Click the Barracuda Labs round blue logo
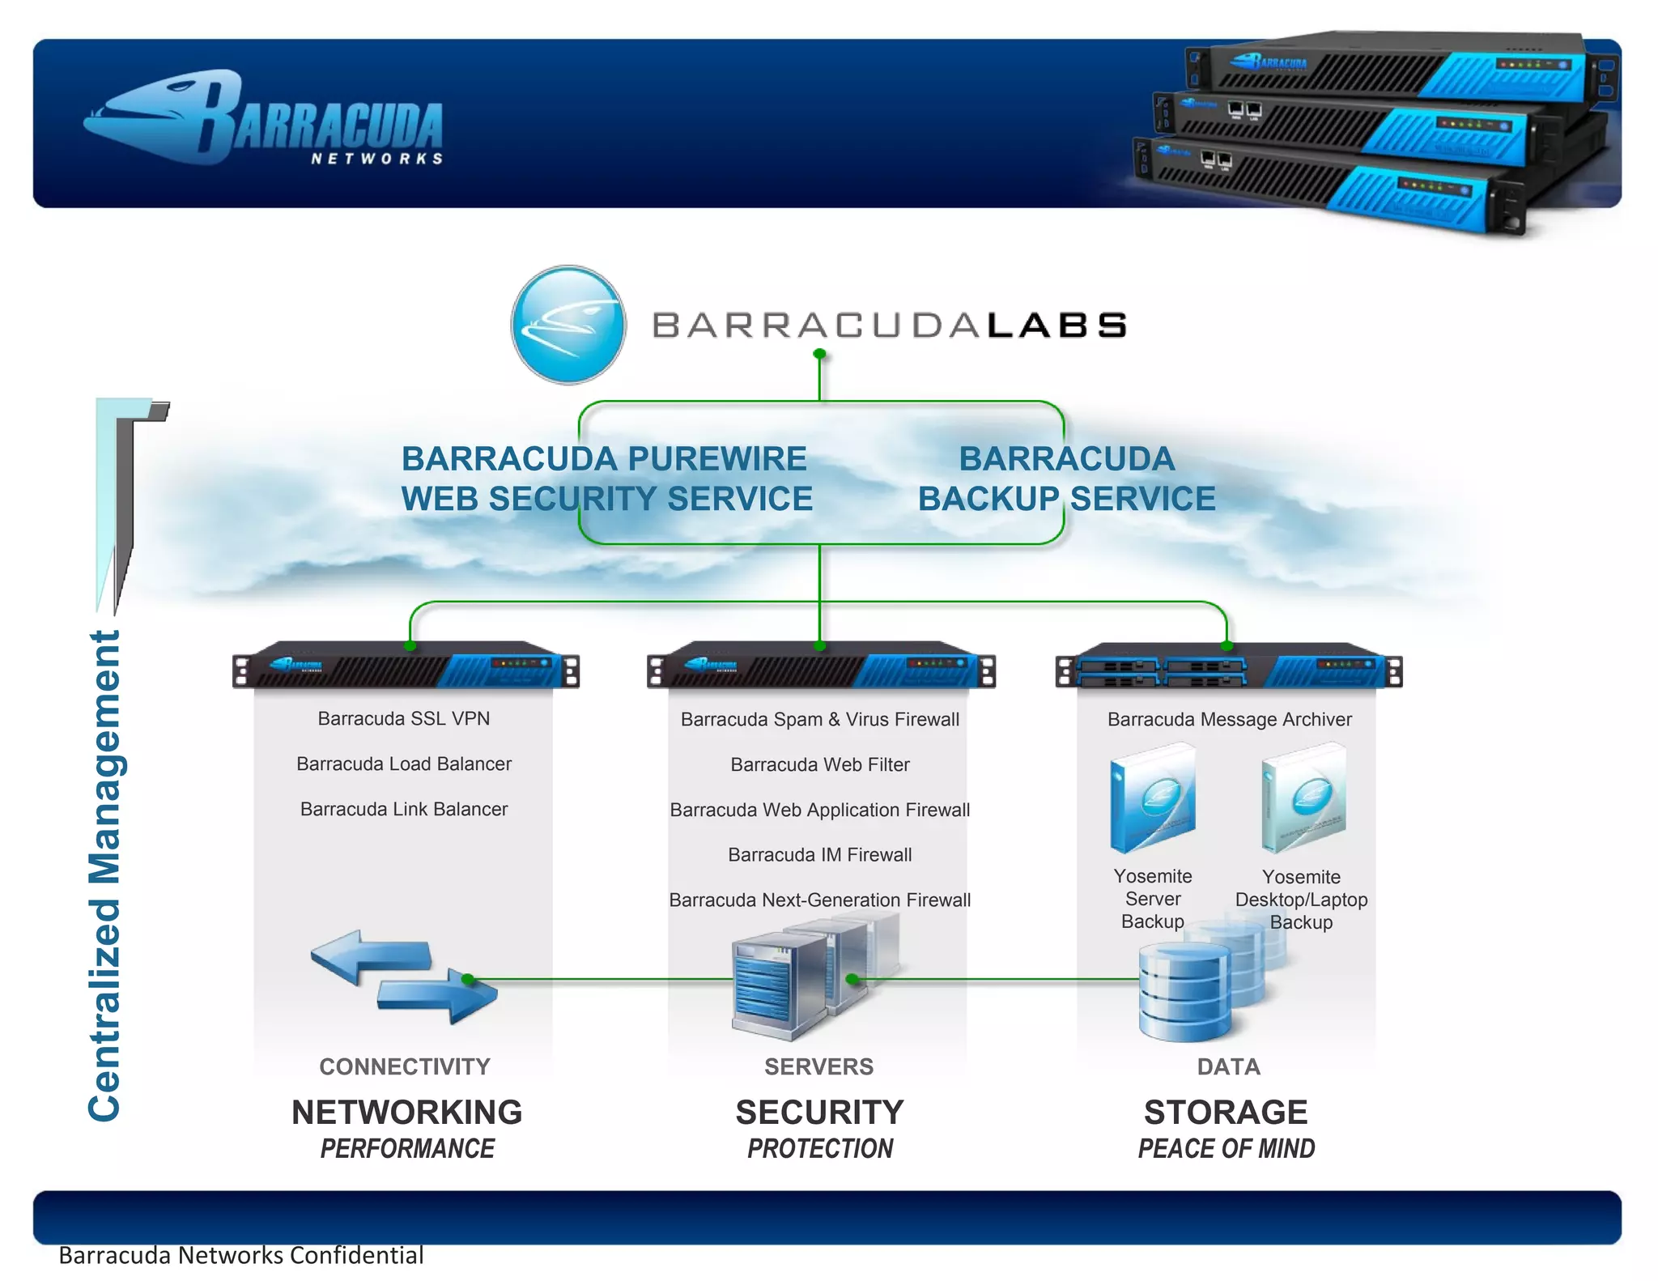tap(568, 325)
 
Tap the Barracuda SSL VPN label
tap(403, 718)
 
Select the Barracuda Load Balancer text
tap(403, 764)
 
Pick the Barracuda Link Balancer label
tap(403, 809)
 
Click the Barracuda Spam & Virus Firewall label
tap(819, 719)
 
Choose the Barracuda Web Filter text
tap(819, 764)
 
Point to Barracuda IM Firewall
tap(819, 854)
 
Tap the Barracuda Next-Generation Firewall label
tap(819, 900)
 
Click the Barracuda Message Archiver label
tap(1229, 719)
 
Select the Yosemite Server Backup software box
tap(1153, 798)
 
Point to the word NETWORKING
tap(406, 1112)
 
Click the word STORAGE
tap(1226, 1112)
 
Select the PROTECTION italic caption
tap(819, 1148)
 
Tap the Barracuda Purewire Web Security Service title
tap(606, 479)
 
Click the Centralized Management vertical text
tap(104, 875)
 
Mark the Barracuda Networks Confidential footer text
tap(241, 1255)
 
